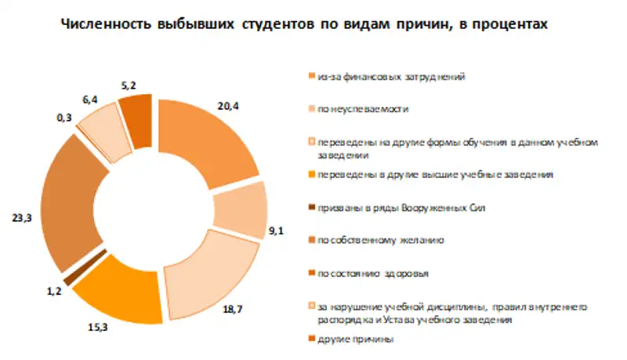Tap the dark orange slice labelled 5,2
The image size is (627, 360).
pyautogui.click(x=136, y=119)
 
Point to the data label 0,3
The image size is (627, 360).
pyautogui.click(x=64, y=118)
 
